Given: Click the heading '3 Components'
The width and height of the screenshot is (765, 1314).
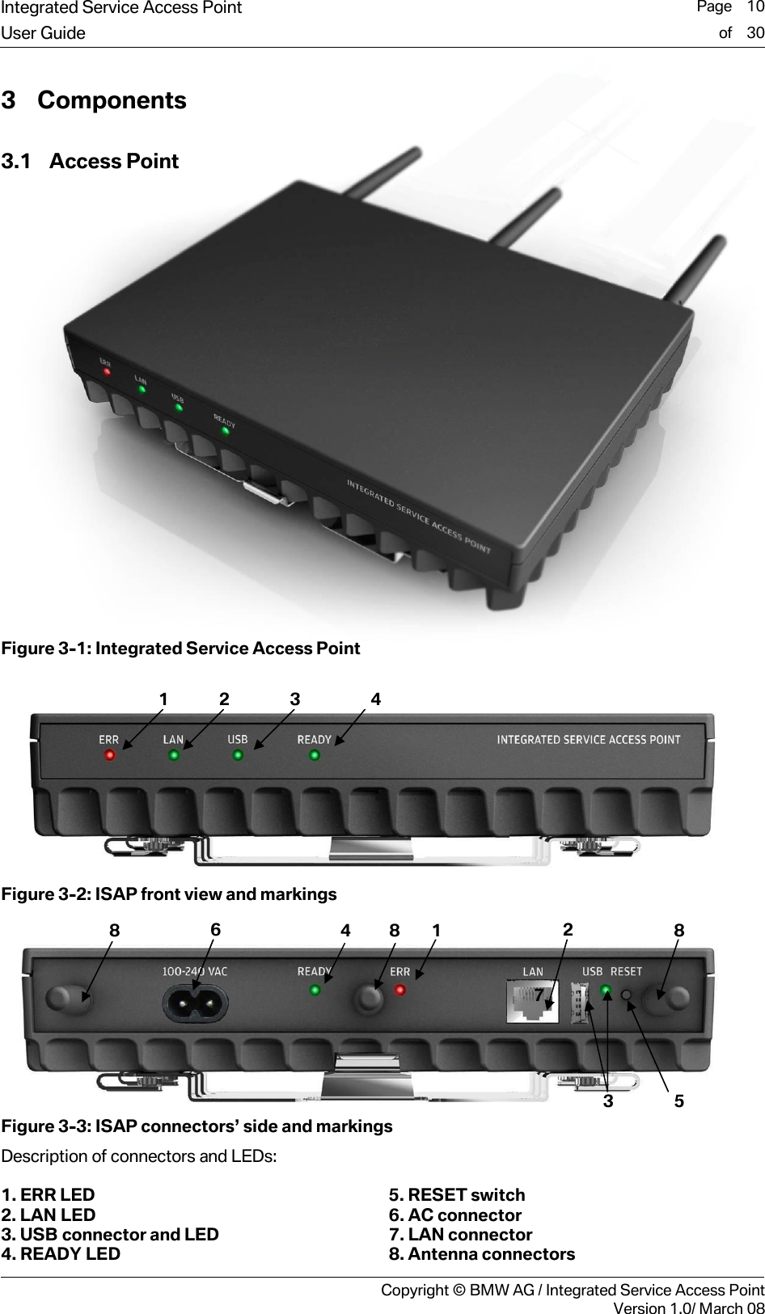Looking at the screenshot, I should pyautogui.click(x=94, y=100).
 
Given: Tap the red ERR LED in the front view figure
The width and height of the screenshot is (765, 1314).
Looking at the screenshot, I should pyautogui.click(x=109, y=755).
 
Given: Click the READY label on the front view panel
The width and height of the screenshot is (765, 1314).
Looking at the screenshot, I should pyautogui.click(x=314, y=739).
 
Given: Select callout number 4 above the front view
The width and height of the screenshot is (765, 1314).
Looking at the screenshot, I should pyautogui.click(x=375, y=699).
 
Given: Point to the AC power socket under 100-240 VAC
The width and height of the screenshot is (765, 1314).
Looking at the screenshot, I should pyautogui.click(x=195, y=1005).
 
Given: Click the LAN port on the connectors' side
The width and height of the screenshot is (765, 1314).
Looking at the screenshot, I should pyautogui.click(x=531, y=1001).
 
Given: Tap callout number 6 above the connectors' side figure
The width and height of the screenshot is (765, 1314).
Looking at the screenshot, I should pyautogui.click(x=215, y=930).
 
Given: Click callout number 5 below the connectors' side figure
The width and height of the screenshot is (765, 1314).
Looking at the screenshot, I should pyautogui.click(x=678, y=1101).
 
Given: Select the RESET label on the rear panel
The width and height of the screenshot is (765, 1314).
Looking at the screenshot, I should pyautogui.click(x=626, y=971).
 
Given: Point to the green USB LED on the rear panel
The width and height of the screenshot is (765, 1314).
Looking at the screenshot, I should pyautogui.click(x=606, y=991).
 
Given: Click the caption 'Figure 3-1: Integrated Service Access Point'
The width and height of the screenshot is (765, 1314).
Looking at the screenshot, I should pyautogui.click(x=180, y=649).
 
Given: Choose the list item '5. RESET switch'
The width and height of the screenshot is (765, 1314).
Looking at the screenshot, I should pyautogui.click(x=457, y=1195).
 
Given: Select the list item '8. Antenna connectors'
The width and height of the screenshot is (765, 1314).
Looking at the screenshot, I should pyautogui.click(x=482, y=1254).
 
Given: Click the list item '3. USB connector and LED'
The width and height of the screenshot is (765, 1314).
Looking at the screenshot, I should pyautogui.click(x=110, y=1235).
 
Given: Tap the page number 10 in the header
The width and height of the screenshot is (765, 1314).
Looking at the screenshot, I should pyautogui.click(x=755, y=7).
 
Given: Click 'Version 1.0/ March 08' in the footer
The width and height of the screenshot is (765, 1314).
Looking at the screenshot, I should pyautogui.click(x=688, y=1308).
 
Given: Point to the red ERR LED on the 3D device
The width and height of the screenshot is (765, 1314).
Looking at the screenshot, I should pyautogui.click(x=107, y=372).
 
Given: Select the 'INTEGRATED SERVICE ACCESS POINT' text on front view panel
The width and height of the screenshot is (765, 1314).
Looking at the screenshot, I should pyautogui.click(x=588, y=739).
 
